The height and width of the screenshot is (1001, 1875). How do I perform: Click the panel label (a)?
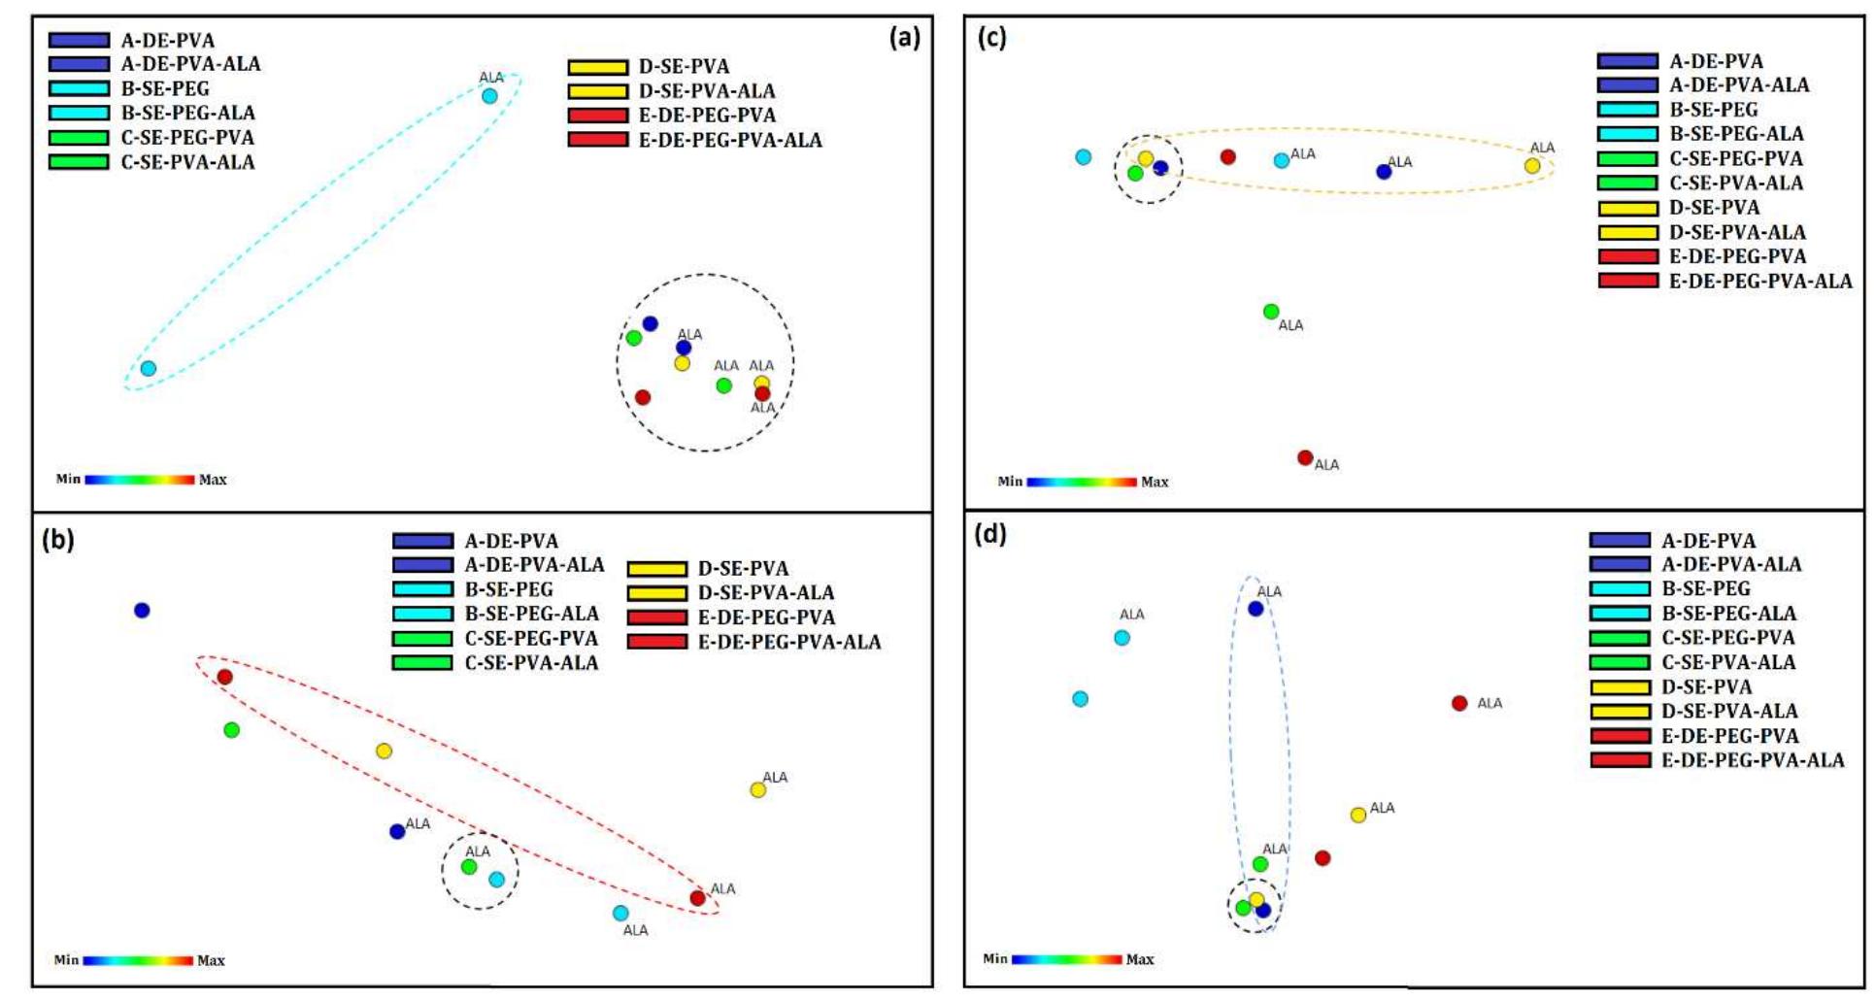point(903,39)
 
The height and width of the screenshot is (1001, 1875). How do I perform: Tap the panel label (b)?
point(58,539)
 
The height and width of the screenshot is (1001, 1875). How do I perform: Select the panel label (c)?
point(991,38)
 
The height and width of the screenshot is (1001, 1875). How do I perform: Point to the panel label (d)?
point(989,533)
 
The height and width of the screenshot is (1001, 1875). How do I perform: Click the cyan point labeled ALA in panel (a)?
point(489,95)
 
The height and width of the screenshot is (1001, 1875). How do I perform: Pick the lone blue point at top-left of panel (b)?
point(142,611)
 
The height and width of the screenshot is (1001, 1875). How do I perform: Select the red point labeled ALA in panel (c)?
point(1305,457)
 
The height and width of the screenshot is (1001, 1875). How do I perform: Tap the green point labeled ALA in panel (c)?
point(1271,312)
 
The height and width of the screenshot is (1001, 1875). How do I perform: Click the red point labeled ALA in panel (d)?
point(1458,703)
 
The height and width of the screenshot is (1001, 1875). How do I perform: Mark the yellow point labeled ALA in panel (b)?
point(757,790)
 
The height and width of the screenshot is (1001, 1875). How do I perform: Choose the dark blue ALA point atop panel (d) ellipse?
point(1256,609)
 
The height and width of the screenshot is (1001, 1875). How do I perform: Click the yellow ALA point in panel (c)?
point(1532,166)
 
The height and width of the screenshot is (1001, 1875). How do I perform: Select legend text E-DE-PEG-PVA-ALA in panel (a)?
point(729,140)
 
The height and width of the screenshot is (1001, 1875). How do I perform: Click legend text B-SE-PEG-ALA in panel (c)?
point(1736,134)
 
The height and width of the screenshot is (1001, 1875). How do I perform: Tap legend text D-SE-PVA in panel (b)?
point(743,568)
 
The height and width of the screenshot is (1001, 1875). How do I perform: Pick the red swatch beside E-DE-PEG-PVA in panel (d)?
point(1620,736)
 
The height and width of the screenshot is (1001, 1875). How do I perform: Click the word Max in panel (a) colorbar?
point(213,480)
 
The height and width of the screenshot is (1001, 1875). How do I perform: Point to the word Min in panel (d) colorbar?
point(995,958)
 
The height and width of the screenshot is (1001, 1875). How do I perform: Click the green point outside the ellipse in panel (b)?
point(231,730)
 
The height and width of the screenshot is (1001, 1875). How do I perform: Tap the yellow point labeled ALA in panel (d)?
point(1357,815)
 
